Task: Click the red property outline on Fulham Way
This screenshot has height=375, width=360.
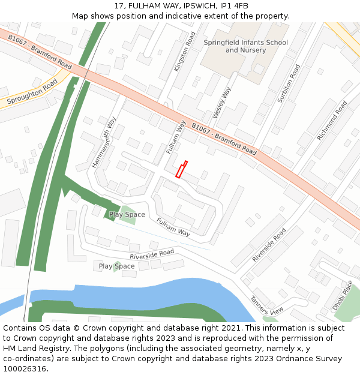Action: point(181,169)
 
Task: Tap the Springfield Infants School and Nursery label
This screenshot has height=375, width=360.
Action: point(245,46)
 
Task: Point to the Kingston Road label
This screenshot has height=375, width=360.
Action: point(185,52)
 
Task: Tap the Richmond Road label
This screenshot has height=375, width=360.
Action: point(332,120)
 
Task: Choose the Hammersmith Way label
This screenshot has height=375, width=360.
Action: point(103,142)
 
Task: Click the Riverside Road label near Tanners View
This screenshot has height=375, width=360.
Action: point(269,244)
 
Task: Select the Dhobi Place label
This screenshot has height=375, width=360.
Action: point(343,295)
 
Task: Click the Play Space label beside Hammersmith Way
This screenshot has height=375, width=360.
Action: point(127,214)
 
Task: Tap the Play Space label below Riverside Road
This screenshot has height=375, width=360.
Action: point(116,266)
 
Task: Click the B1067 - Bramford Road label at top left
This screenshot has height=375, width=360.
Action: point(40,51)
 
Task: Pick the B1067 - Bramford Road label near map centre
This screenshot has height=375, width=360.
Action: point(224,139)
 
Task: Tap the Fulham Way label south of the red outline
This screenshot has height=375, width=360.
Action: point(173,227)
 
